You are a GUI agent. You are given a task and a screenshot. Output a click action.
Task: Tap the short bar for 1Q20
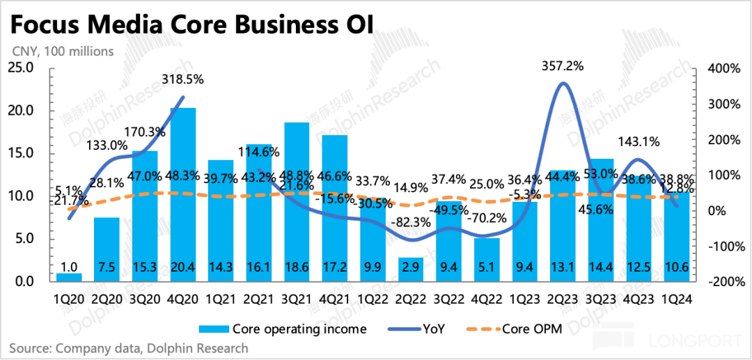pyautogui.click(x=69, y=277)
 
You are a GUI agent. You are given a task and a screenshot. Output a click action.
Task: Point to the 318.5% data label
pyautogui.click(x=183, y=79)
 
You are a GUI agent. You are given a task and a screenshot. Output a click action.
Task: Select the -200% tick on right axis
pyautogui.click(x=723, y=282)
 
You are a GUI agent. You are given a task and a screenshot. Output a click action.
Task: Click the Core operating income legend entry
pyautogui.click(x=279, y=329)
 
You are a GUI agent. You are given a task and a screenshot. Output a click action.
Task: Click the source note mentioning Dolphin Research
pyautogui.click(x=129, y=347)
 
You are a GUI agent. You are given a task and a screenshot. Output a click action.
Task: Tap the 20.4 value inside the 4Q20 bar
pyautogui.click(x=183, y=267)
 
